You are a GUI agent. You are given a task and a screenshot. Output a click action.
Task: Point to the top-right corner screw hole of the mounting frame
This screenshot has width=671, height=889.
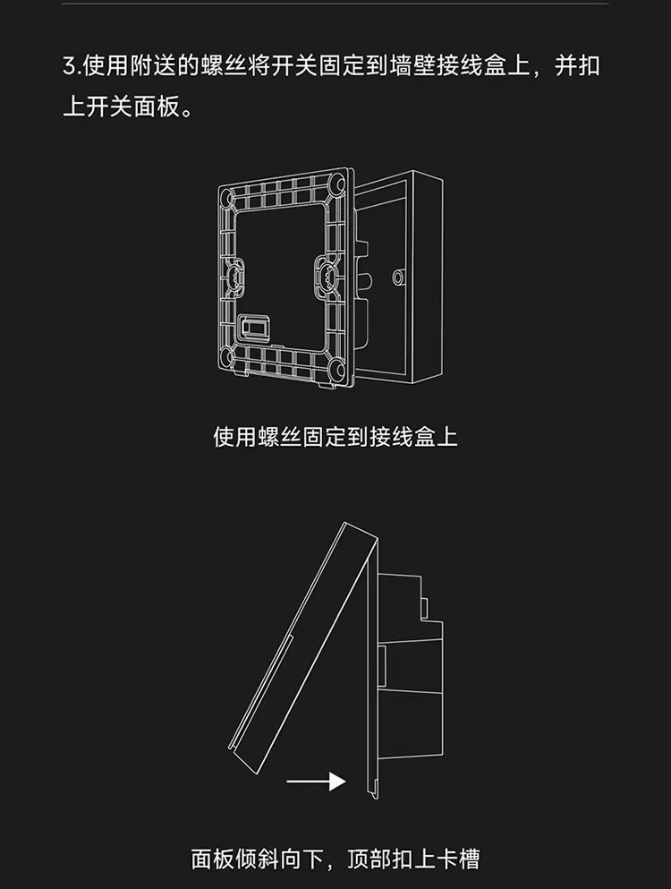pyautogui.click(x=337, y=184)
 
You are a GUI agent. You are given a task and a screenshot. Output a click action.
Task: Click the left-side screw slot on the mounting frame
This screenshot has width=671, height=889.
pyautogui.click(x=235, y=273)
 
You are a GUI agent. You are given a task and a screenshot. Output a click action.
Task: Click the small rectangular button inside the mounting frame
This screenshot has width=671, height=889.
pyautogui.click(x=255, y=328)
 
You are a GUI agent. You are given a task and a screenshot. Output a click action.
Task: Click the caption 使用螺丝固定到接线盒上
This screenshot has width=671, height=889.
pyautogui.click(x=335, y=437)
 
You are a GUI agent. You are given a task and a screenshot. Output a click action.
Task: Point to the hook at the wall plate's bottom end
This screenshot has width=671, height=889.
pyautogui.click(x=371, y=786)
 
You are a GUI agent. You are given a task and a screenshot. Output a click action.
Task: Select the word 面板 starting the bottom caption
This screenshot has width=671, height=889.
pyautogui.click(x=213, y=859)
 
